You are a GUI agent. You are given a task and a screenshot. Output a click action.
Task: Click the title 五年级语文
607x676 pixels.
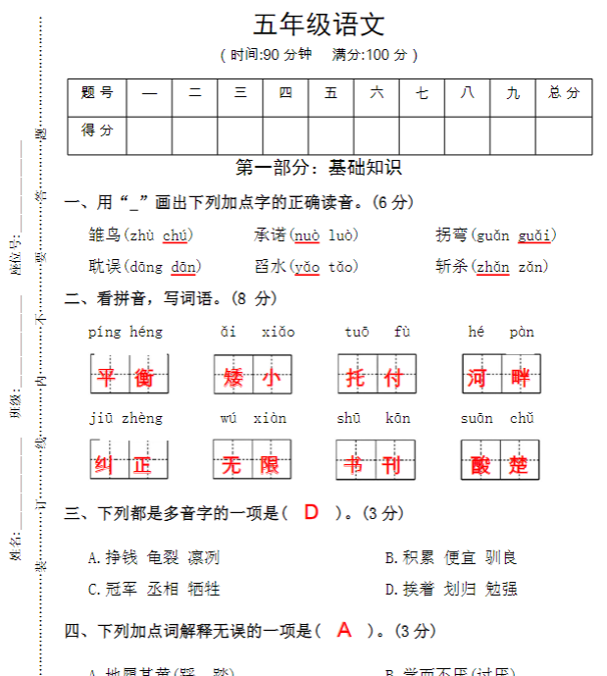point(319,25)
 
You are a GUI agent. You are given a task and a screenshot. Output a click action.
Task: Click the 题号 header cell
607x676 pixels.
point(97,93)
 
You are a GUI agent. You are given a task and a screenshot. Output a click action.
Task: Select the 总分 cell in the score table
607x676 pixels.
point(564,93)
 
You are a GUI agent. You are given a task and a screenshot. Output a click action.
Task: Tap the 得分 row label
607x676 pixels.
point(97,130)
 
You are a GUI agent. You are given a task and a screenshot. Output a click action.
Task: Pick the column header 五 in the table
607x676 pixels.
point(331,93)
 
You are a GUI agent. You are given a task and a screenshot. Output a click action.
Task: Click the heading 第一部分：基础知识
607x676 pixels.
point(319,168)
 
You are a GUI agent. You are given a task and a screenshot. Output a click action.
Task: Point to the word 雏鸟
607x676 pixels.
point(105,235)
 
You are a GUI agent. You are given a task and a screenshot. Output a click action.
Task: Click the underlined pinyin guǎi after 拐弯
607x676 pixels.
point(535,235)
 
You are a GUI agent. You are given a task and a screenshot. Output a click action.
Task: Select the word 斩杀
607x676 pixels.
point(451,267)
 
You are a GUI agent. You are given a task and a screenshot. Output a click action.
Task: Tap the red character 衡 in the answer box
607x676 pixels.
point(144,377)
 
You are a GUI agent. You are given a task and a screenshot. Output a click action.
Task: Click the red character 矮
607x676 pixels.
point(233,377)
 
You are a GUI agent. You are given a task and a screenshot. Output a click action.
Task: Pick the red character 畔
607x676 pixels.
point(521,377)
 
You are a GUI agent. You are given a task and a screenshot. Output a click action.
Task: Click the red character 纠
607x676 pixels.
point(105,464)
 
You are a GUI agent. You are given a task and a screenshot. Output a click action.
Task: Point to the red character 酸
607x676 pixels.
point(481,464)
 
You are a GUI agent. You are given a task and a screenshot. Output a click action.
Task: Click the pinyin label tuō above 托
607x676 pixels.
point(357,333)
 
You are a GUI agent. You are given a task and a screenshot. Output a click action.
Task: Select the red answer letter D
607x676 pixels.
point(312,512)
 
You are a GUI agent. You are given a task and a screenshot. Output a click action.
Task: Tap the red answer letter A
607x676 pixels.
point(344,630)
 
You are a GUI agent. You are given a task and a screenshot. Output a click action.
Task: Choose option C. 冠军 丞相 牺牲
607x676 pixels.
point(153,589)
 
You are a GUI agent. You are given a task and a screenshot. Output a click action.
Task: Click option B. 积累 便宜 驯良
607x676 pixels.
point(451,557)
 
